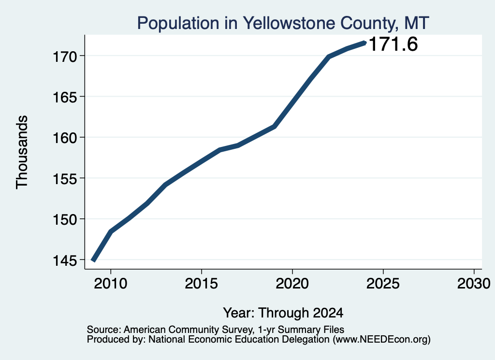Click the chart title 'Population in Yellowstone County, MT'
[x=283, y=23]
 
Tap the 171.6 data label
[x=393, y=44]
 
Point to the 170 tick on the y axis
[x=64, y=57]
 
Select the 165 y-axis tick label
[x=64, y=97]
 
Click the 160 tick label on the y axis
[x=64, y=138]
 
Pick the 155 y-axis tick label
[x=64, y=179]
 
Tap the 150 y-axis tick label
[x=64, y=219]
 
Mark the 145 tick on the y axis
[x=64, y=260]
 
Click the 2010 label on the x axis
[x=111, y=284]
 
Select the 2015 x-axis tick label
[x=202, y=284]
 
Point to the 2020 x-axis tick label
[x=292, y=284]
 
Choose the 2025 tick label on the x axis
[x=383, y=284]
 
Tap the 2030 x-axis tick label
[x=474, y=284]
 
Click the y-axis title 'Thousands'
[x=22, y=152]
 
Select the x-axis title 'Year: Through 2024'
[x=283, y=313]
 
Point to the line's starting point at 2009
[x=93, y=260]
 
